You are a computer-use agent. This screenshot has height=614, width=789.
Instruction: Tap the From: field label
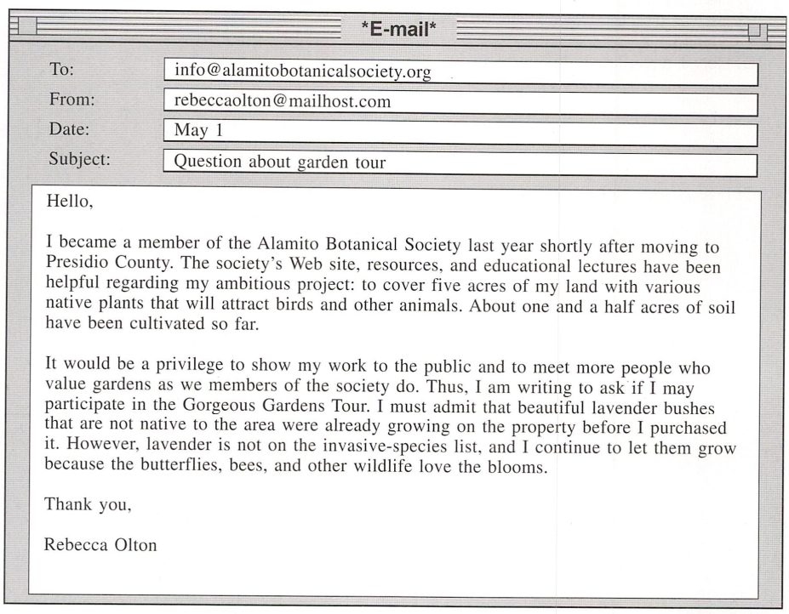click(71, 99)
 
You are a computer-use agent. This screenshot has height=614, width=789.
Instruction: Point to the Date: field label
click(69, 129)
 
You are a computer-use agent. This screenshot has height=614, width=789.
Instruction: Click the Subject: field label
click(79, 158)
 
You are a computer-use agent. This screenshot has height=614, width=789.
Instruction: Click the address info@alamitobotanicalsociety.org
click(302, 71)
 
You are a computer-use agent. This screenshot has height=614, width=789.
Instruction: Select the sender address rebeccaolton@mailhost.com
click(282, 101)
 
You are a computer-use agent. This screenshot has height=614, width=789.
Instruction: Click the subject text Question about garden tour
click(279, 161)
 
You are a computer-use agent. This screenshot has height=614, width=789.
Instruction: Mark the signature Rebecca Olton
click(100, 545)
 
